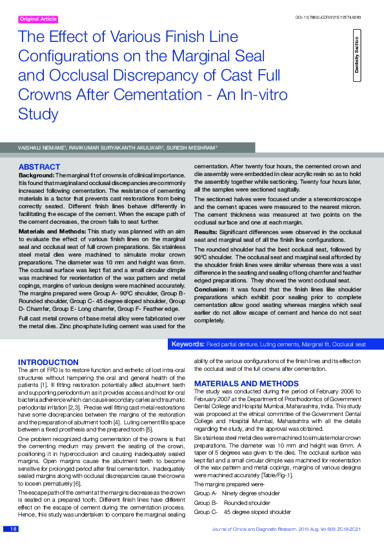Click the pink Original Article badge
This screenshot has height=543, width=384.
pyautogui.click(x=39, y=19)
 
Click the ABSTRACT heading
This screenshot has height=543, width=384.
pyautogui.click(x=40, y=166)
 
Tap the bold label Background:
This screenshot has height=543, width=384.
pyautogui.click(x=36, y=175)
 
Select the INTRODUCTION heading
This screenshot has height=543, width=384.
pyautogui.click(x=48, y=362)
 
